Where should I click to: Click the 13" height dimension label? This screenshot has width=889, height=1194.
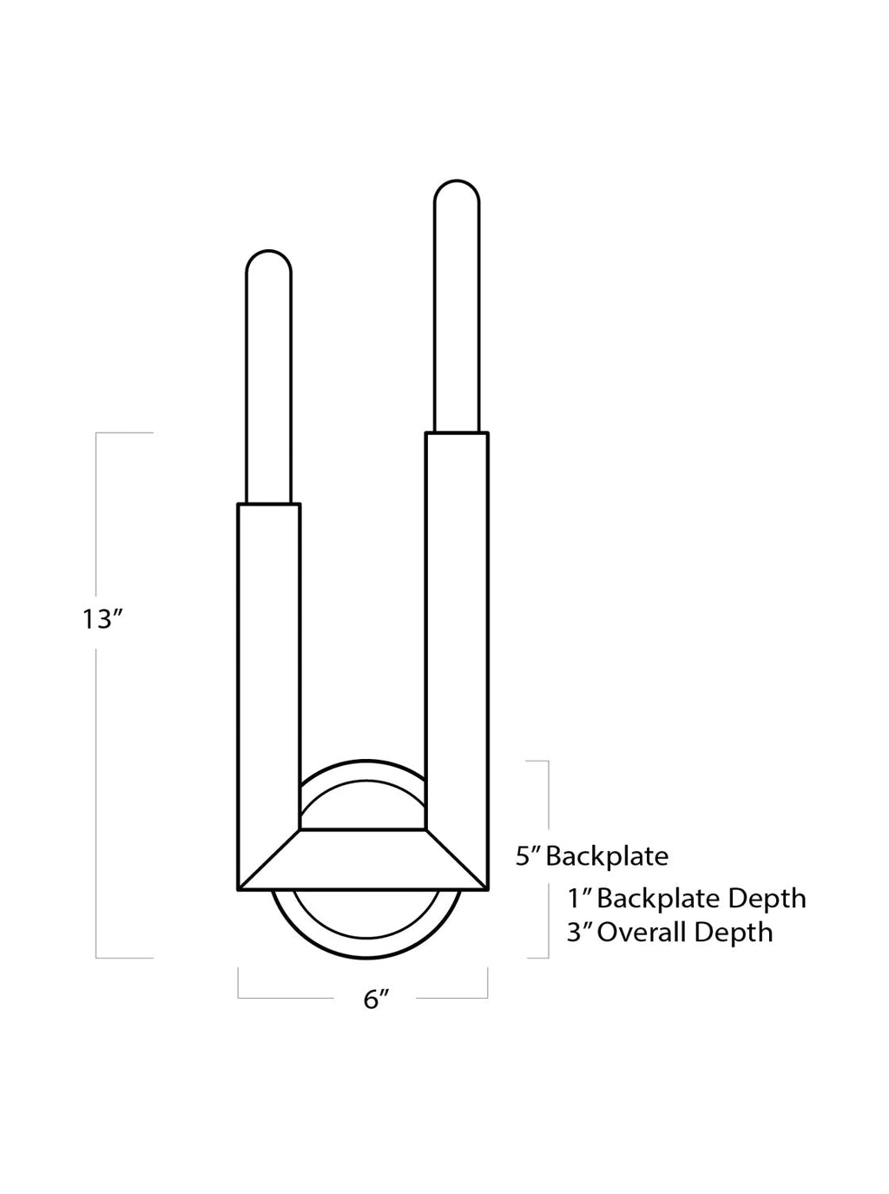point(103,619)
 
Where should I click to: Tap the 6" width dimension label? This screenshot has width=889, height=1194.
point(376,999)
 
